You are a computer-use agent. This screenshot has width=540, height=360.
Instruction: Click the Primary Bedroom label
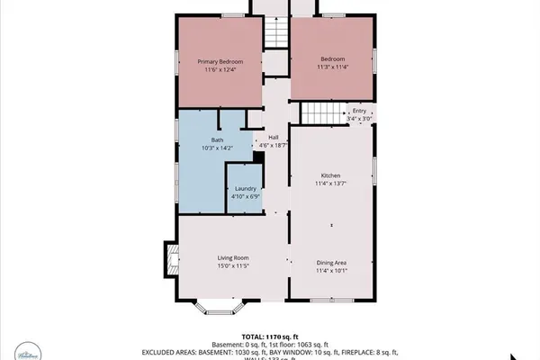(x=220, y=61)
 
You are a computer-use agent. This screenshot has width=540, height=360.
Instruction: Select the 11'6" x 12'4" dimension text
(x=220, y=70)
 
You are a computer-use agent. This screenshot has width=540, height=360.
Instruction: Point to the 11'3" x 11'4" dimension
(x=332, y=65)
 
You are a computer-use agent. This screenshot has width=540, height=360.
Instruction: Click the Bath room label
(x=218, y=139)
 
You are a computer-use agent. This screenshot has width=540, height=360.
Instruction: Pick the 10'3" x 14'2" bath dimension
(x=218, y=148)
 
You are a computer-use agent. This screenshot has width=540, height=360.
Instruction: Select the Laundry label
(x=245, y=188)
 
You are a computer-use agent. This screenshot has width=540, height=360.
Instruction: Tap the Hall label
(x=273, y=137)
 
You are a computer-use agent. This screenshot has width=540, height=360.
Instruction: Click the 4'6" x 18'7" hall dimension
(x=273, y=145)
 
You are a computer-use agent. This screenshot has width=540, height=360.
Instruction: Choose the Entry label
(x=359, y=111)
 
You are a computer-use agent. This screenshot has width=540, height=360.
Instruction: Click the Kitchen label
(x=331, y=175)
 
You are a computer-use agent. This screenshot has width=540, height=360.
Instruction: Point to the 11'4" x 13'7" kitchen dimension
(x=331, y=184)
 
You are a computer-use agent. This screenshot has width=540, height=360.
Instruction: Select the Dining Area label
(x=331, y=262)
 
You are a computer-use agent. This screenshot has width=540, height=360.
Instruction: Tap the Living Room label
(x=232, y=257)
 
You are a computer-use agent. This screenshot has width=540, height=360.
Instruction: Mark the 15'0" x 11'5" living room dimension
(x=232, y=266)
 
